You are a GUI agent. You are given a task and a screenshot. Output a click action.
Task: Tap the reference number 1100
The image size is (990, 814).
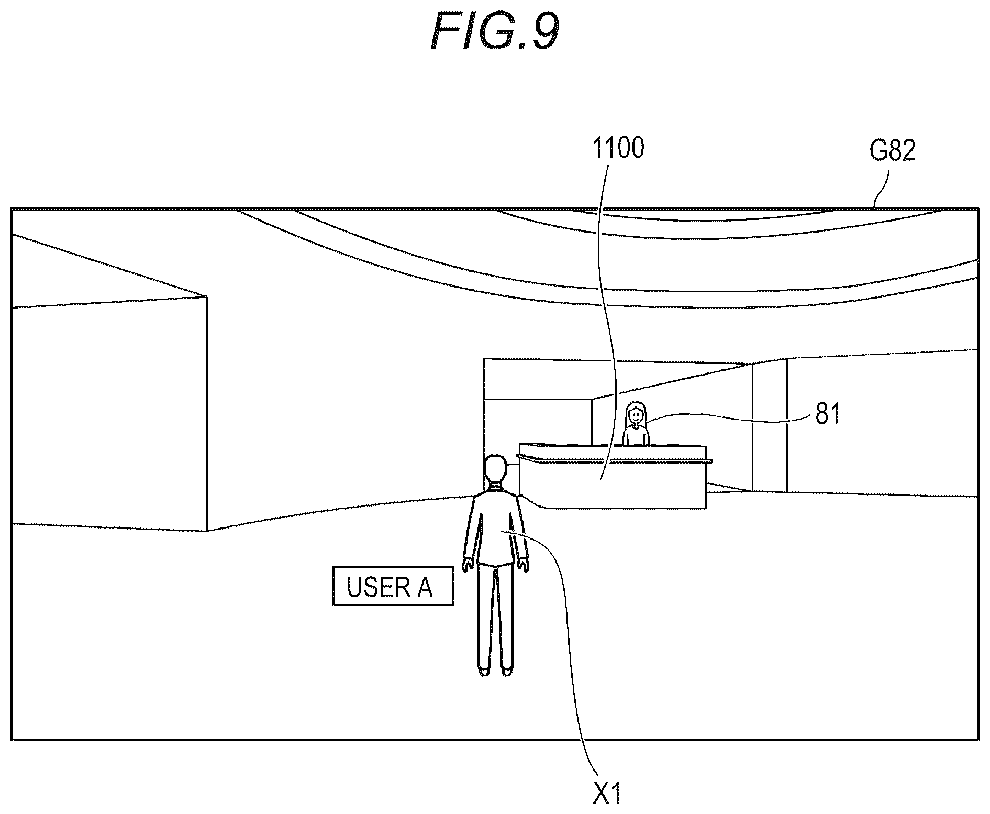pos(618,148)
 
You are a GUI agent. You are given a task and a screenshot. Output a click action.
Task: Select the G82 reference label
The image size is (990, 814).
pos(892,151)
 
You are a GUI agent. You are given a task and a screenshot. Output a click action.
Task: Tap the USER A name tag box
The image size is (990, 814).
pos(393,586)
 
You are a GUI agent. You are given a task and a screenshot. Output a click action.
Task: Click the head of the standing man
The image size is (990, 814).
pos(495,471)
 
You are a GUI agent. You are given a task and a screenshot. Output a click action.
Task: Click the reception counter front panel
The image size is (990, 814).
pos(613,485)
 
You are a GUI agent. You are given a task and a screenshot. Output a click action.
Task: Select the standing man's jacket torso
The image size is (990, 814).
pos(495,529)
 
